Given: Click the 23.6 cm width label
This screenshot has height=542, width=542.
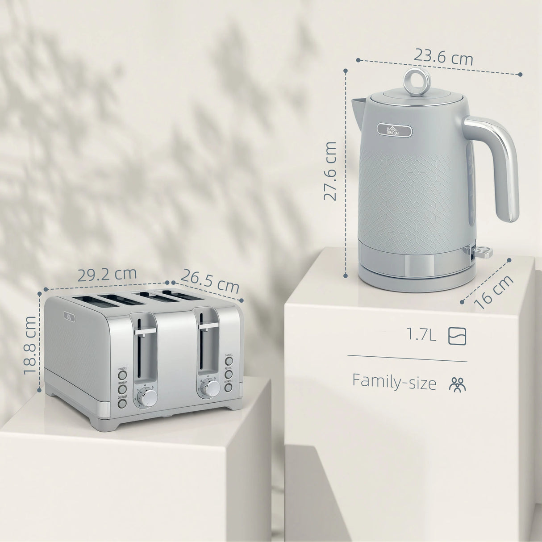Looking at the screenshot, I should tap(442, 57).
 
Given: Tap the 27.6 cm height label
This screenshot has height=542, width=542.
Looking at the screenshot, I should tap(330, 171).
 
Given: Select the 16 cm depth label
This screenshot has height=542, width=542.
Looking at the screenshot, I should tap(495, 292).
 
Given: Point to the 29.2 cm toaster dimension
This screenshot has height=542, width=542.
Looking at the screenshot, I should tap(107, 274).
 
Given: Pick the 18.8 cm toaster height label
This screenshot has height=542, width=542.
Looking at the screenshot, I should tap(30, 345).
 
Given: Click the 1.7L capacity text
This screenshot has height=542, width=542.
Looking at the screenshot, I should tap(421, 335).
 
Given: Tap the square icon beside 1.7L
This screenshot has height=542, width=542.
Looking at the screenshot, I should tap(457, 335).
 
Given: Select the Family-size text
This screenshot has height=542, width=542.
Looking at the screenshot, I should tap(394, 382).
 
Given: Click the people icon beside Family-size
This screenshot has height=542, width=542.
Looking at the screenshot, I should tap(457, 384).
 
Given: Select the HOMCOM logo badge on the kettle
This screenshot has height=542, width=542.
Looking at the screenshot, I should tap(394, 129).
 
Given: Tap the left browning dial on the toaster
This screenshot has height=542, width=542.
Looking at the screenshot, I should tap(148, 397).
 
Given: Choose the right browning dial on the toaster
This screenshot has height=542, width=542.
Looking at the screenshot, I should tap(212, 388).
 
